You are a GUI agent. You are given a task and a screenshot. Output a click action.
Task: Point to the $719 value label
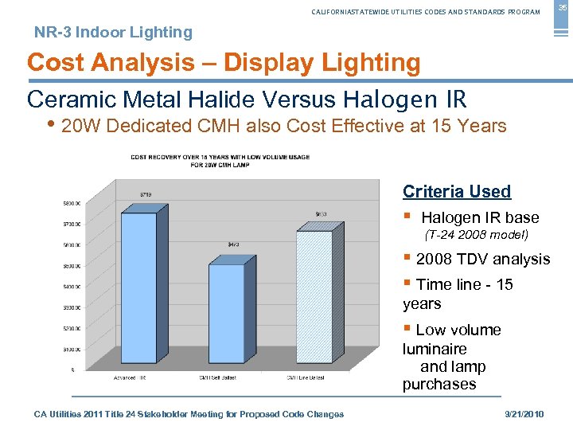pyautogui.click(x=146, y=193)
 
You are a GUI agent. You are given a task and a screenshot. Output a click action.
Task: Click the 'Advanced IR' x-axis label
pyautogui.click(x=130, y=377)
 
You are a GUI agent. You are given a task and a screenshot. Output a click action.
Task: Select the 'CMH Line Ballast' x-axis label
pyautogui.click(x=305, y=377)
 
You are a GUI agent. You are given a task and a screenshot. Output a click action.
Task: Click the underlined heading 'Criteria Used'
pyautogui.click(x=456, y=191)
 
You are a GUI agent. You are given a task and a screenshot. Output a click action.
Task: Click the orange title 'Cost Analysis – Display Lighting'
pyautogui.click(x=224, y=62)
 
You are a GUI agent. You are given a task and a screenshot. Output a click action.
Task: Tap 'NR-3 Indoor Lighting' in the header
pyautogui.click(x=113, y=33)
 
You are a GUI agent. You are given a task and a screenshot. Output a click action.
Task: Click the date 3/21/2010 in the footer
pyautogui.click(x=525, y=414)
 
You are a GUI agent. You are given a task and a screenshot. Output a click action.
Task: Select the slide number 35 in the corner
pyautogui.click(x=560, y=7)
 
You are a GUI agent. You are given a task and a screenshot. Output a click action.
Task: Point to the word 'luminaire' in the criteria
pyautogui.click(x=435, y=349)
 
